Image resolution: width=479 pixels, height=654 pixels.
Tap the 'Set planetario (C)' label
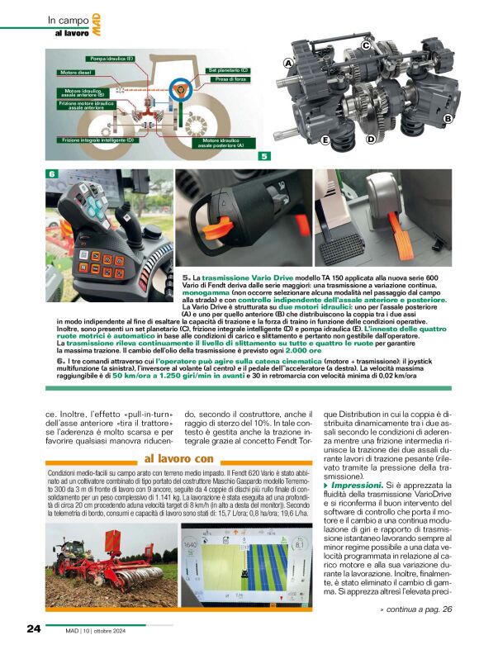tap(229, 71)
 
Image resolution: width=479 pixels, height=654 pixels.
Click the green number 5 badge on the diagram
tap(263, 155)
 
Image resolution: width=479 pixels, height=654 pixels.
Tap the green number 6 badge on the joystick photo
tap(51, 174)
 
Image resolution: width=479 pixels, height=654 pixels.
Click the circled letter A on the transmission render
tap(289, 63)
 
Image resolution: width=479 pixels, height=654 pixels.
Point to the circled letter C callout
tap(366, 47)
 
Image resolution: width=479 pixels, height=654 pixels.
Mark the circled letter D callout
tap(371, 139)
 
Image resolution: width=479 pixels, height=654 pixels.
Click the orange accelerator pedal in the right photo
tap(403, 239)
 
